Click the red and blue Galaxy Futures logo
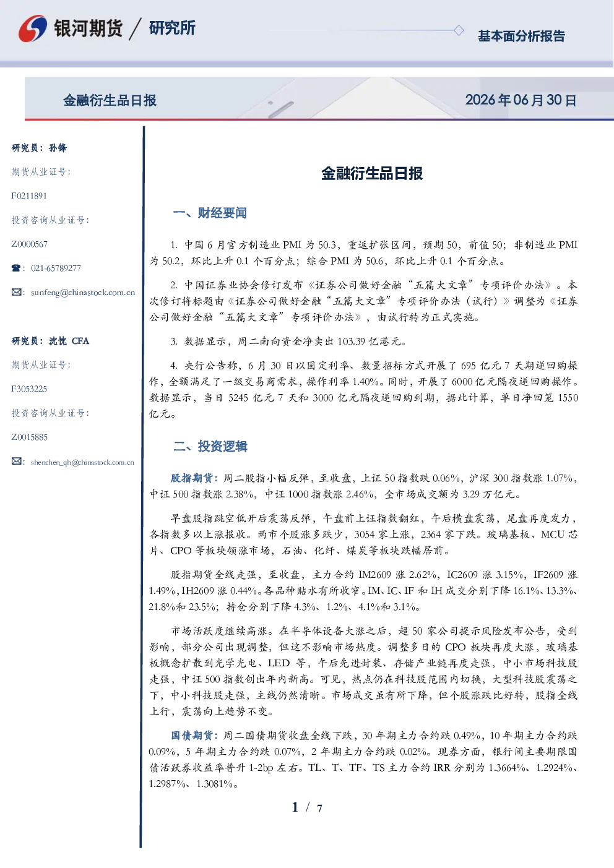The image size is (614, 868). pos(33,28)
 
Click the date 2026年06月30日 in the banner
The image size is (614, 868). pos(521,100)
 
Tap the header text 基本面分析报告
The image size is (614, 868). pos(521,36)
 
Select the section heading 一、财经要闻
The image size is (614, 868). pos(210,213)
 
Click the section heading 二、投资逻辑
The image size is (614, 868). pos(210,446)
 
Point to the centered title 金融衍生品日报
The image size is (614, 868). pos(372,173)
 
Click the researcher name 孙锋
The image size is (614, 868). pos(58,148)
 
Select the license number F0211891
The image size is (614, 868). pos(29,196)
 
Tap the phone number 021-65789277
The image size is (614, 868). pos(56,268)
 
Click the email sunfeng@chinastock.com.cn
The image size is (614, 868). pos(83,293)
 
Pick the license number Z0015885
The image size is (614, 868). pos(30,437)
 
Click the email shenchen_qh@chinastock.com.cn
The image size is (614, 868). pos(82,462)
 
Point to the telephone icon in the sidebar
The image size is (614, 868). pos(16,268)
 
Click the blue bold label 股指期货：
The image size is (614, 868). pos(195,478)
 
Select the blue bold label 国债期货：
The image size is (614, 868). pos(195,736)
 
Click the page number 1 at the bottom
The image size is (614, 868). pos(295,807)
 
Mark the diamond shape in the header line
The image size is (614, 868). pos(459,30)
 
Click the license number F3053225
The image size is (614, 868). pos(29,389)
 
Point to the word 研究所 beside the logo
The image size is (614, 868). pos(172,28)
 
